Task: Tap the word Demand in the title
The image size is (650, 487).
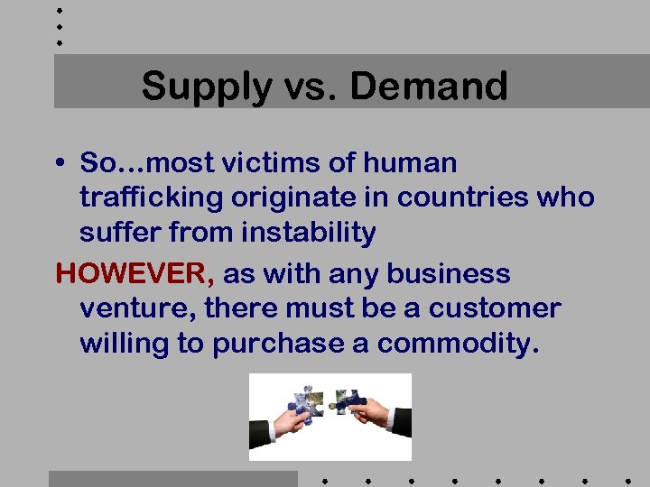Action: point(429,87)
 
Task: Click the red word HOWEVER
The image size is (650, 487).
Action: point(132,274)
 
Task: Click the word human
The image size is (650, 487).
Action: point(412,163)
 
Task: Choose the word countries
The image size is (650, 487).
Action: point(450,198)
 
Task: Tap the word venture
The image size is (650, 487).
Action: point(136,309)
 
